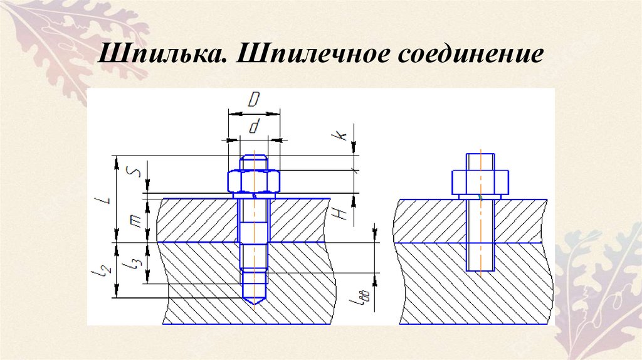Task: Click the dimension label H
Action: point(342,214)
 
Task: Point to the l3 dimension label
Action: point(132,264)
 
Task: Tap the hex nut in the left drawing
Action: point(254,181)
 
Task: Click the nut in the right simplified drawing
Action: point(480,181)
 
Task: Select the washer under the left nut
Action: point(254,196)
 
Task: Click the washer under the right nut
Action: point(480,196)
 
